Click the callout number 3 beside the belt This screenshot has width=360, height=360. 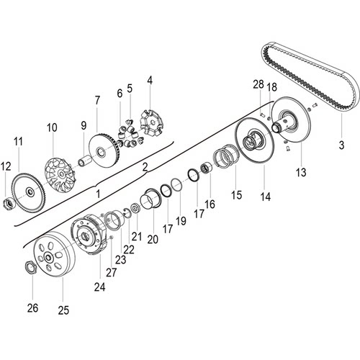point(341,145)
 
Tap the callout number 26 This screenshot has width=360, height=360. point(32,308)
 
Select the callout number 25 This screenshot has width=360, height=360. point(63,310)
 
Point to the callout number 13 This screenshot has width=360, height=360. point(301,172)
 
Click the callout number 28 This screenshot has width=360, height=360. point(258,84)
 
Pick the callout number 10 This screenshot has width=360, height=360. point(52,127)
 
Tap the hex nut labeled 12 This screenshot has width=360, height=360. point(9,203)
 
